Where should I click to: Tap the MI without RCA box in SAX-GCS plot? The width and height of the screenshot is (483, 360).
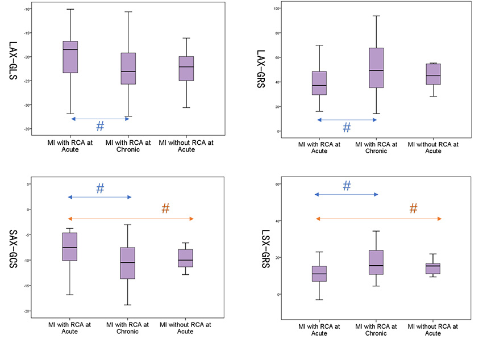pyautogui.click(x=185, y=258)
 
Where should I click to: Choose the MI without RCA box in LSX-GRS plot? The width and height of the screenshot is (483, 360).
pyautogui.click(x=433, y=269)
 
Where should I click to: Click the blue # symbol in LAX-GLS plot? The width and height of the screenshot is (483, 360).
pyautogui.click(x=100, y=127)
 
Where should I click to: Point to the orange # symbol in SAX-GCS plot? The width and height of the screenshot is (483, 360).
pyautogui.click(x=165, y=209)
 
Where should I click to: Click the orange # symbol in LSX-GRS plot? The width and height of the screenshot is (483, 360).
pyautogui.click(x=414, y=209)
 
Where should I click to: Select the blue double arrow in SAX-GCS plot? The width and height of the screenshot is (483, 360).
pyautogui.click(x=100, y=197)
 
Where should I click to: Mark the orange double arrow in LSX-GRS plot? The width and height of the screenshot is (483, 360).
pyautogui.click(x=378, y=219)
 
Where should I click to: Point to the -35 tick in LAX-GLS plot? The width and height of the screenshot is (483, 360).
pyautogui.click(x=27, y=129)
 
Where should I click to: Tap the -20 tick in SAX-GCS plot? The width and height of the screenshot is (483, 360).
pyautogui.click(x=27, y=311)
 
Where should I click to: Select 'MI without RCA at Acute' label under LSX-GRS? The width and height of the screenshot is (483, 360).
pyautogui.click(x=433, y=330)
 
